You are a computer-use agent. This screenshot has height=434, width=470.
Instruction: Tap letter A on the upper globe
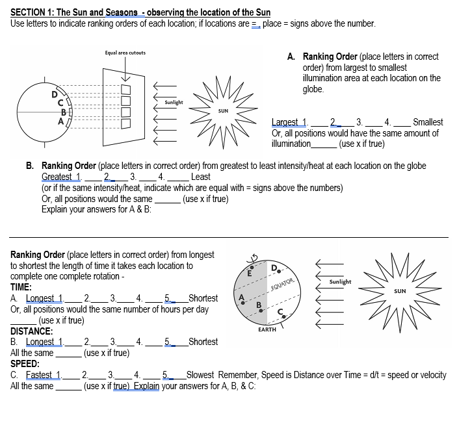(62, 120)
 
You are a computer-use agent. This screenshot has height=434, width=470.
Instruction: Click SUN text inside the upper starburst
(223, 111)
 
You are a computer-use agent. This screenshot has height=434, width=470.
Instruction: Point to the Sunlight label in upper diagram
(174, 102)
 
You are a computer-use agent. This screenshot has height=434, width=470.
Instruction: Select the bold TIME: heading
(21, 287)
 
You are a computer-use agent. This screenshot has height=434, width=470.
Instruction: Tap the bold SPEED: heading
(25, 364)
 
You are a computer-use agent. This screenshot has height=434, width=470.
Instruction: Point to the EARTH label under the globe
(267, 329)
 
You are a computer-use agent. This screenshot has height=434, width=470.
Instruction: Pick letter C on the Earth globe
(281, 310)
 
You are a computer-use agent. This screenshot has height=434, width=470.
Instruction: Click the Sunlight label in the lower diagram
(340, 282)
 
